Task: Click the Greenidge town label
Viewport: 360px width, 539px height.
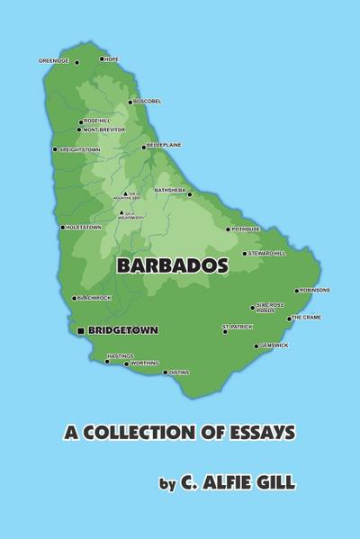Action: pos(52,61)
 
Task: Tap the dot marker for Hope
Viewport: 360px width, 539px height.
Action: pos(102,59)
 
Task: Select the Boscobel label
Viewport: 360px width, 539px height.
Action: pos(148,102)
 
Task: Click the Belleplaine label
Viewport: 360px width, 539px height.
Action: pos(163,145)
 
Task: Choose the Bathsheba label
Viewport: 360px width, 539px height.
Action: pos(169,190)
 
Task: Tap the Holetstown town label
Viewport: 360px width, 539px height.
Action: pos(84,228)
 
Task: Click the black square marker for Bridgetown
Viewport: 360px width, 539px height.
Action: pos(82,331)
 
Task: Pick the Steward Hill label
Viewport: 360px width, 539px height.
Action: pos(267,254)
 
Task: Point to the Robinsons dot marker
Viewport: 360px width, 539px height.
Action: pos(297,291)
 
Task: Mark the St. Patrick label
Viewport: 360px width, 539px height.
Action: pos(238,326)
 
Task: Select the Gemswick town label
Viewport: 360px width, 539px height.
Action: pos(275,346)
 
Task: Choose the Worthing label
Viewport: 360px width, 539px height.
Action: pos(145,364)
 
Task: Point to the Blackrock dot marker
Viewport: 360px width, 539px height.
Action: pos(75,299)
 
